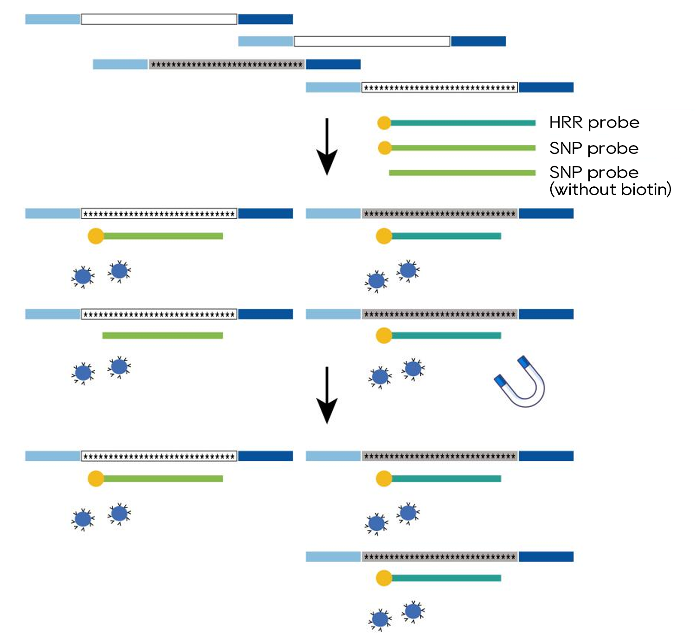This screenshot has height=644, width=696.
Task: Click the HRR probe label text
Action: click(x=594, y=122)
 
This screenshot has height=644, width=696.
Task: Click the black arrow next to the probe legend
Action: click(x=327, y=147)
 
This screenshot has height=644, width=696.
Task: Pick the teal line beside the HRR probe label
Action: click(x=463, y=123)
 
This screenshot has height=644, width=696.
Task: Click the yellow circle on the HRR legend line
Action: click(x=384, y=123)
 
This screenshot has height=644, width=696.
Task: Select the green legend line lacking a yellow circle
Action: click(x=462, y=173)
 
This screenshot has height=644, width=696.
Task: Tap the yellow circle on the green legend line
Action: click(x=385, y=148)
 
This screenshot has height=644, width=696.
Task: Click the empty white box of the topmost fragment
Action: click(x=159, y=19)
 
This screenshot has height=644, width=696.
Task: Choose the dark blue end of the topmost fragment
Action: click(x=265, y=19)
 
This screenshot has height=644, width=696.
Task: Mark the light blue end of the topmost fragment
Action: click(x=52, y=19)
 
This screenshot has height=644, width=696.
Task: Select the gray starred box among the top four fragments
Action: click(x=226, y=64)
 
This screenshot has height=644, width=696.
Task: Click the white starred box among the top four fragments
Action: click(x=439, y=87)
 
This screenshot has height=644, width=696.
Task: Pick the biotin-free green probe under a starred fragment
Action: click(x=162, y=335)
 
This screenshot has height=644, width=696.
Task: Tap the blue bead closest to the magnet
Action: click(x=413, y=369)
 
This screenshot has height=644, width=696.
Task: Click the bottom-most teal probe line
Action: click(x=446, y=578)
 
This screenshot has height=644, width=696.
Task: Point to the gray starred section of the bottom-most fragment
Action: click(x=439, y=556)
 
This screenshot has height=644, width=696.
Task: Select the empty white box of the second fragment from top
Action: click(x=372, y=41)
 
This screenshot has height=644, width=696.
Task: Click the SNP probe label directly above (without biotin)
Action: click(x=594, y=172)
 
